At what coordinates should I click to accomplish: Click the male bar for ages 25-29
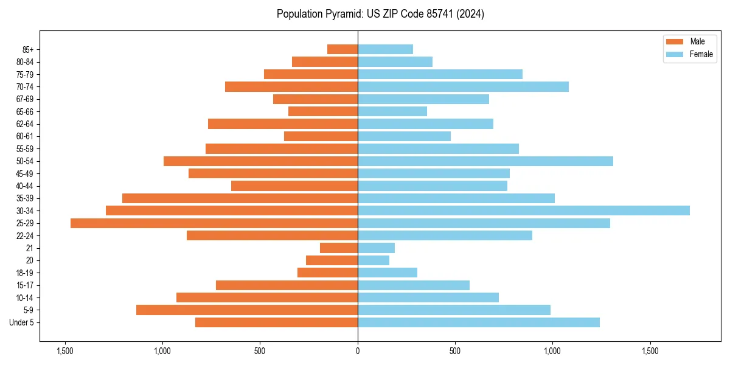pos(214,223)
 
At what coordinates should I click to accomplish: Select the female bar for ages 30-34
pos(523,210)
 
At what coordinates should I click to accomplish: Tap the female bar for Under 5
pos(478,322)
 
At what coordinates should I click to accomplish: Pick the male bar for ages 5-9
pos(247,310)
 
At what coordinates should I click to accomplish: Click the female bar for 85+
pos(385,49)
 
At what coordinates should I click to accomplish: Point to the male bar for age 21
pos(339,248)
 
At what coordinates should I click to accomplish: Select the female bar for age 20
pos(374,260)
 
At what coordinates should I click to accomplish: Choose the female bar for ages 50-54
pos(485,161)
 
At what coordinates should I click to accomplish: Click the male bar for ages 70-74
pos(291,86)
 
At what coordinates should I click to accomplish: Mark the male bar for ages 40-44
pos(294,186)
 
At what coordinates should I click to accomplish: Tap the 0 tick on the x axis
pos(358,351)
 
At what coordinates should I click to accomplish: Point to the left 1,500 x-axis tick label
pos(65,351)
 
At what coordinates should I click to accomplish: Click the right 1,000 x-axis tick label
pos(552,351)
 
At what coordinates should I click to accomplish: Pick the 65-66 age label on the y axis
pos(25,112)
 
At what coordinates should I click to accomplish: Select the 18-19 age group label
pos(25,273)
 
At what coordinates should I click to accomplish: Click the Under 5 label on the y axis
pos(22,322)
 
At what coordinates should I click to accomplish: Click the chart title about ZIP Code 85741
pos(380,14)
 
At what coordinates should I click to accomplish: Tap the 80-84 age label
pos(25,62)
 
